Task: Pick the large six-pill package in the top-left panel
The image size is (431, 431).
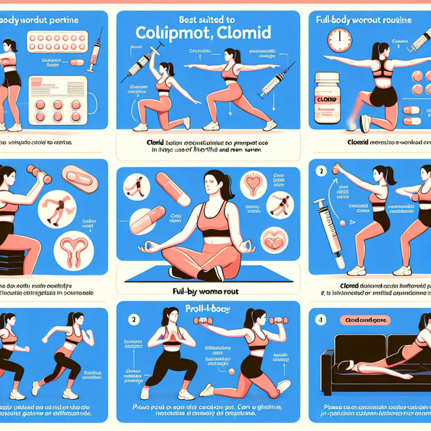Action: tap(56, 99)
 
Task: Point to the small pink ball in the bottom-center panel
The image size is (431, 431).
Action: tap(232, 371)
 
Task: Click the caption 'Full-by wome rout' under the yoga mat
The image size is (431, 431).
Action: tap(208, 290)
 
